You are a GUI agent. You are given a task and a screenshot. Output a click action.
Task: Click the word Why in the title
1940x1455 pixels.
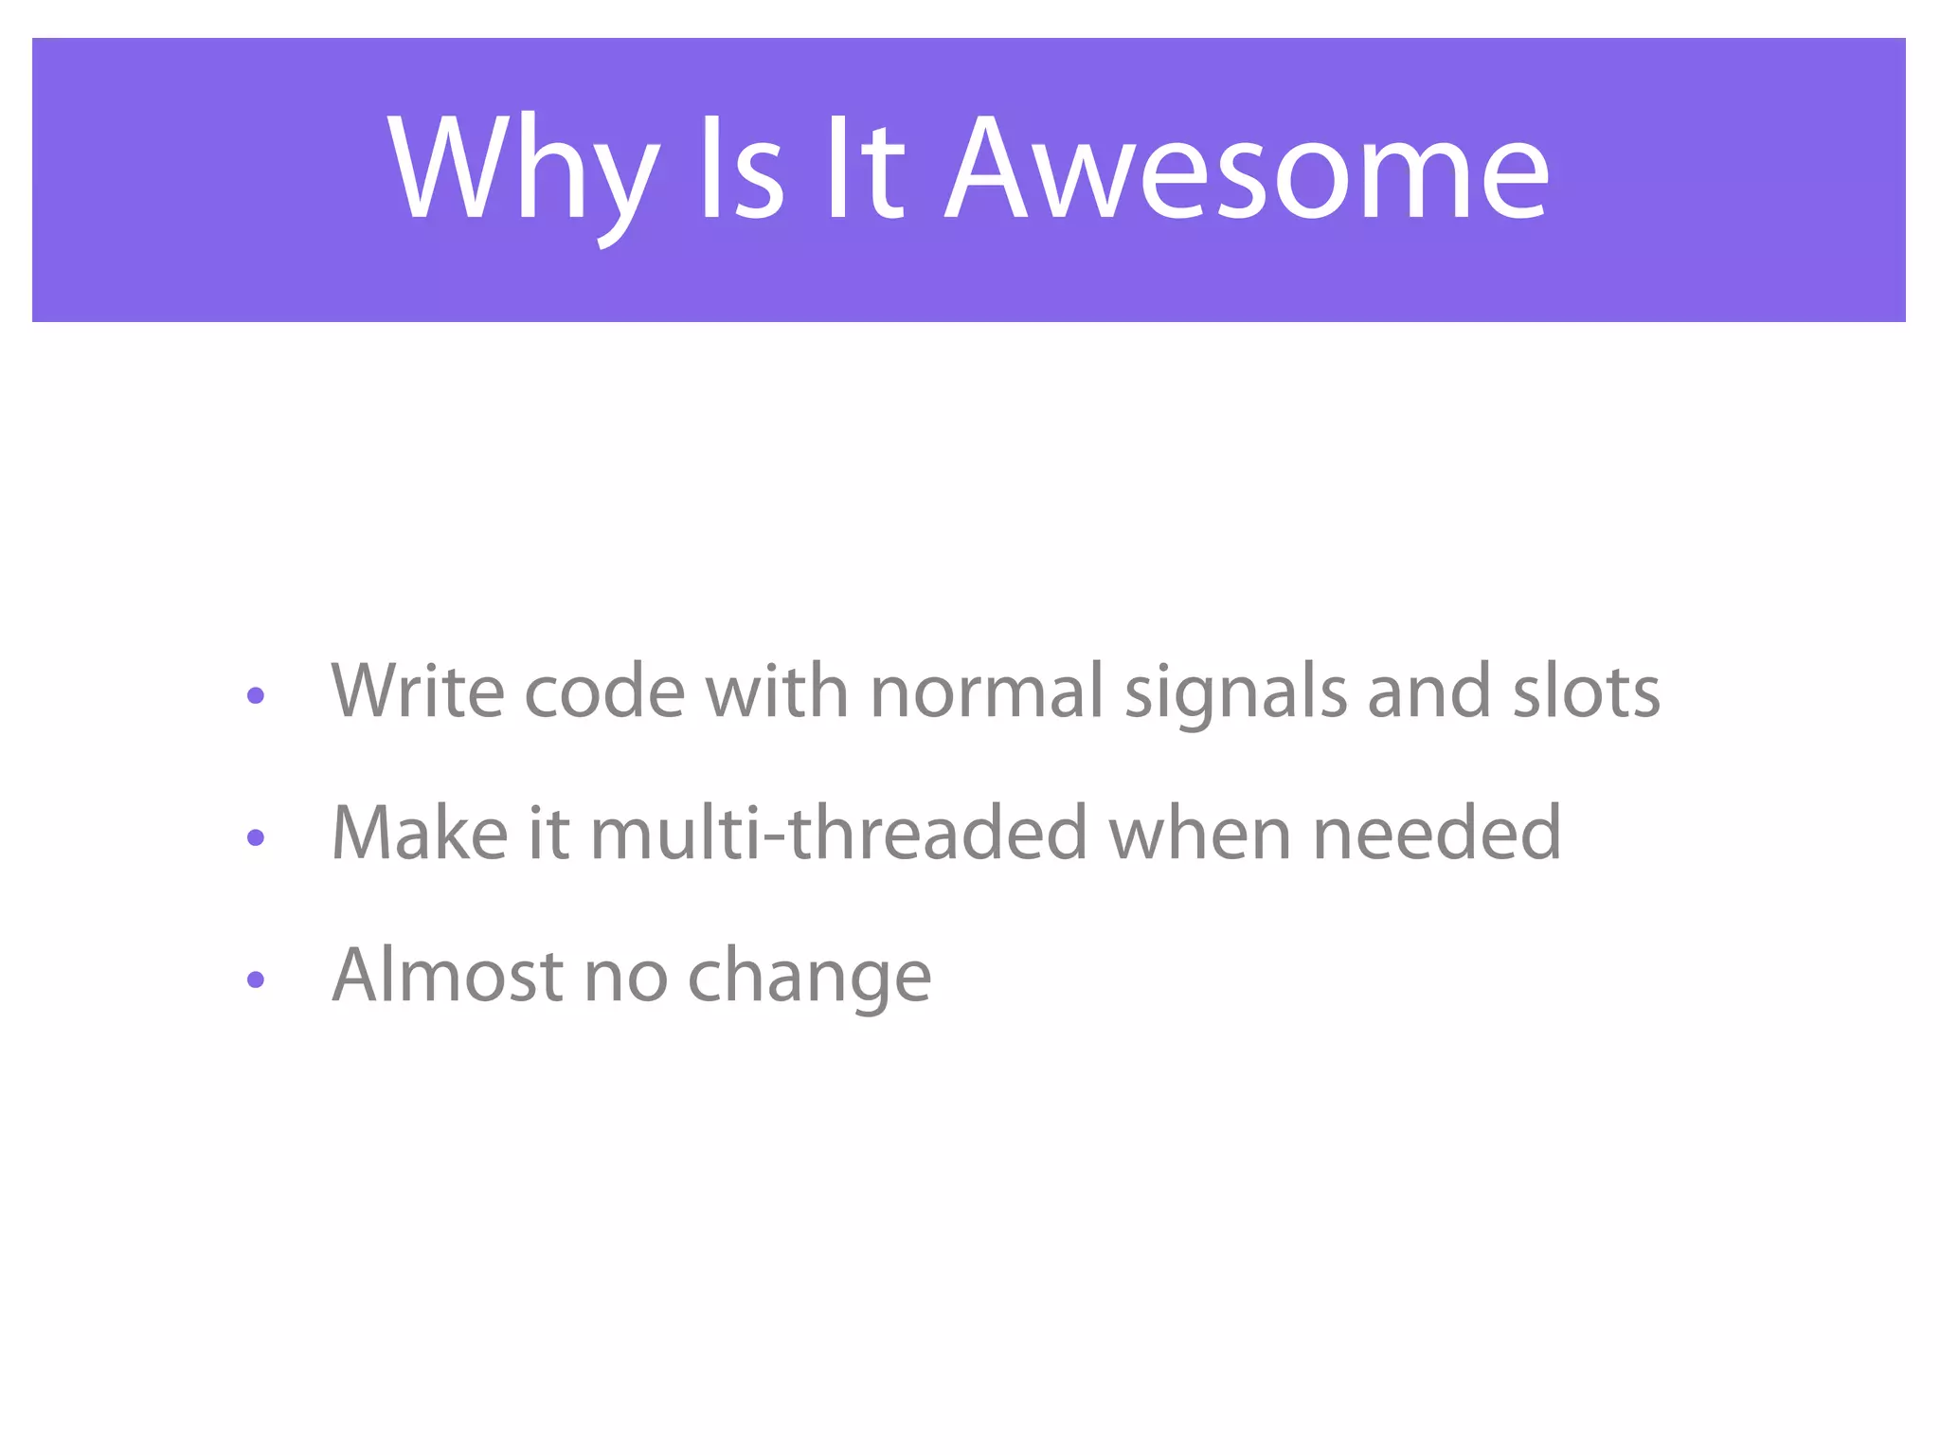click(x=523, y=171)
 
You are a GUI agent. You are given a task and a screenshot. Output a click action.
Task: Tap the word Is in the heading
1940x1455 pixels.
click(x=742, y=171)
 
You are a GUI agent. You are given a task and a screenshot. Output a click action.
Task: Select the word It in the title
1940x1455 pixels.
click(x=865, y=171)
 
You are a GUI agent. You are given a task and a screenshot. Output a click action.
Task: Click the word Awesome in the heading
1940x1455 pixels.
click(x=1248, y=171)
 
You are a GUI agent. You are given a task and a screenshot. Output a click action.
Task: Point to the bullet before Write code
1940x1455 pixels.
click(x=255, y=696)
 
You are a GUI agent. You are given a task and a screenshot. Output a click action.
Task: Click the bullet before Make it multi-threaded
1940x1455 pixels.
click(x=255, y=837)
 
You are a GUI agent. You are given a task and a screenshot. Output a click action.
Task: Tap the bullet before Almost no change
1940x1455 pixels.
click(x=255, y=979)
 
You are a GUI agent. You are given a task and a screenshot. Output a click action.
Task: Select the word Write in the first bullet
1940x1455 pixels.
click(x=417, y=692)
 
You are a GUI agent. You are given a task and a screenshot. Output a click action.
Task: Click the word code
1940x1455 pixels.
click(x=604, y=692)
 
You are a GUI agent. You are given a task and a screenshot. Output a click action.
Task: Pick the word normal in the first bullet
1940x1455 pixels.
click(x=986, y=692)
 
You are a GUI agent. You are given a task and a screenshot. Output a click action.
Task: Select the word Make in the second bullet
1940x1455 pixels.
click(x=420, y=834)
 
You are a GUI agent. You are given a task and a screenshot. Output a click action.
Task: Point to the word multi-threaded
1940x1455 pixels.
click(x=838, y=834)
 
